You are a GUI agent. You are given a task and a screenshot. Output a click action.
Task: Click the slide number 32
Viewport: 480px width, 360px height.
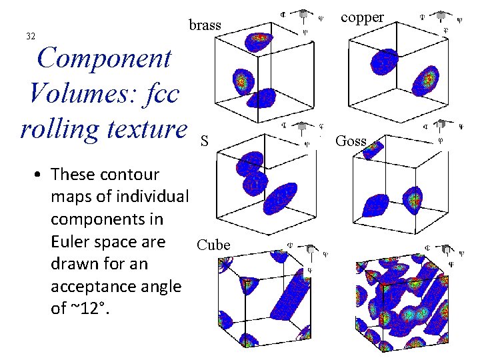point(30,36)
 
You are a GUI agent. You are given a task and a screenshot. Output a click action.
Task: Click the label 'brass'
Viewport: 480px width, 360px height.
point(205,25)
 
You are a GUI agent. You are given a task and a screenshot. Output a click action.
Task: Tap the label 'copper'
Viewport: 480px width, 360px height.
point(362,17)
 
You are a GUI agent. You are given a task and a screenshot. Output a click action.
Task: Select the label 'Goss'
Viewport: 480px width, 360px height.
point(351,141)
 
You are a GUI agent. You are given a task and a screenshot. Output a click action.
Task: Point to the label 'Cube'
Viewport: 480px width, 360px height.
point(213,245)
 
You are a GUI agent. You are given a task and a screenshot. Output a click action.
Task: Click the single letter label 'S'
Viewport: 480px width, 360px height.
point(205,141)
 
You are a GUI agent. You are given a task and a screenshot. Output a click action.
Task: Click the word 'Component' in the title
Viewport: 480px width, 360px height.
point(105,59)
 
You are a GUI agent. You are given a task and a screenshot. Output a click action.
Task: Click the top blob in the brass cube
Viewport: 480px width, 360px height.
point(259,42)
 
